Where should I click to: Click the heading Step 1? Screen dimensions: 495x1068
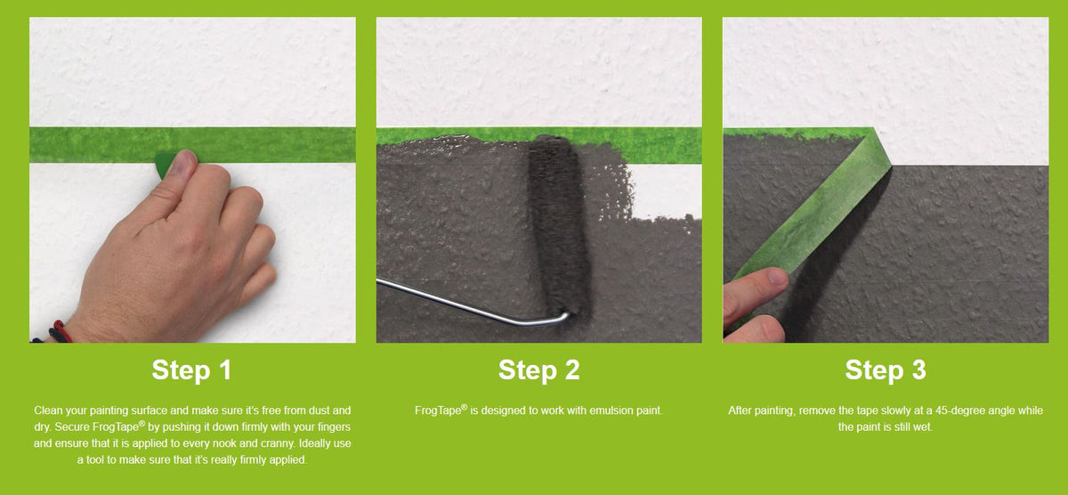tap(191, 369)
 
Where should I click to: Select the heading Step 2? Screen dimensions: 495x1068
tap(538, 369)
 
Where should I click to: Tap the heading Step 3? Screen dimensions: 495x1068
tap(885, 369)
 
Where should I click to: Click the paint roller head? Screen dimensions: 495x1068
tap(555, 223)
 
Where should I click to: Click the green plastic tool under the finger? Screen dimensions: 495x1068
tap(165, 166)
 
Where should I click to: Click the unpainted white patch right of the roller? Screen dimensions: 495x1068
tap(667, 191)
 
